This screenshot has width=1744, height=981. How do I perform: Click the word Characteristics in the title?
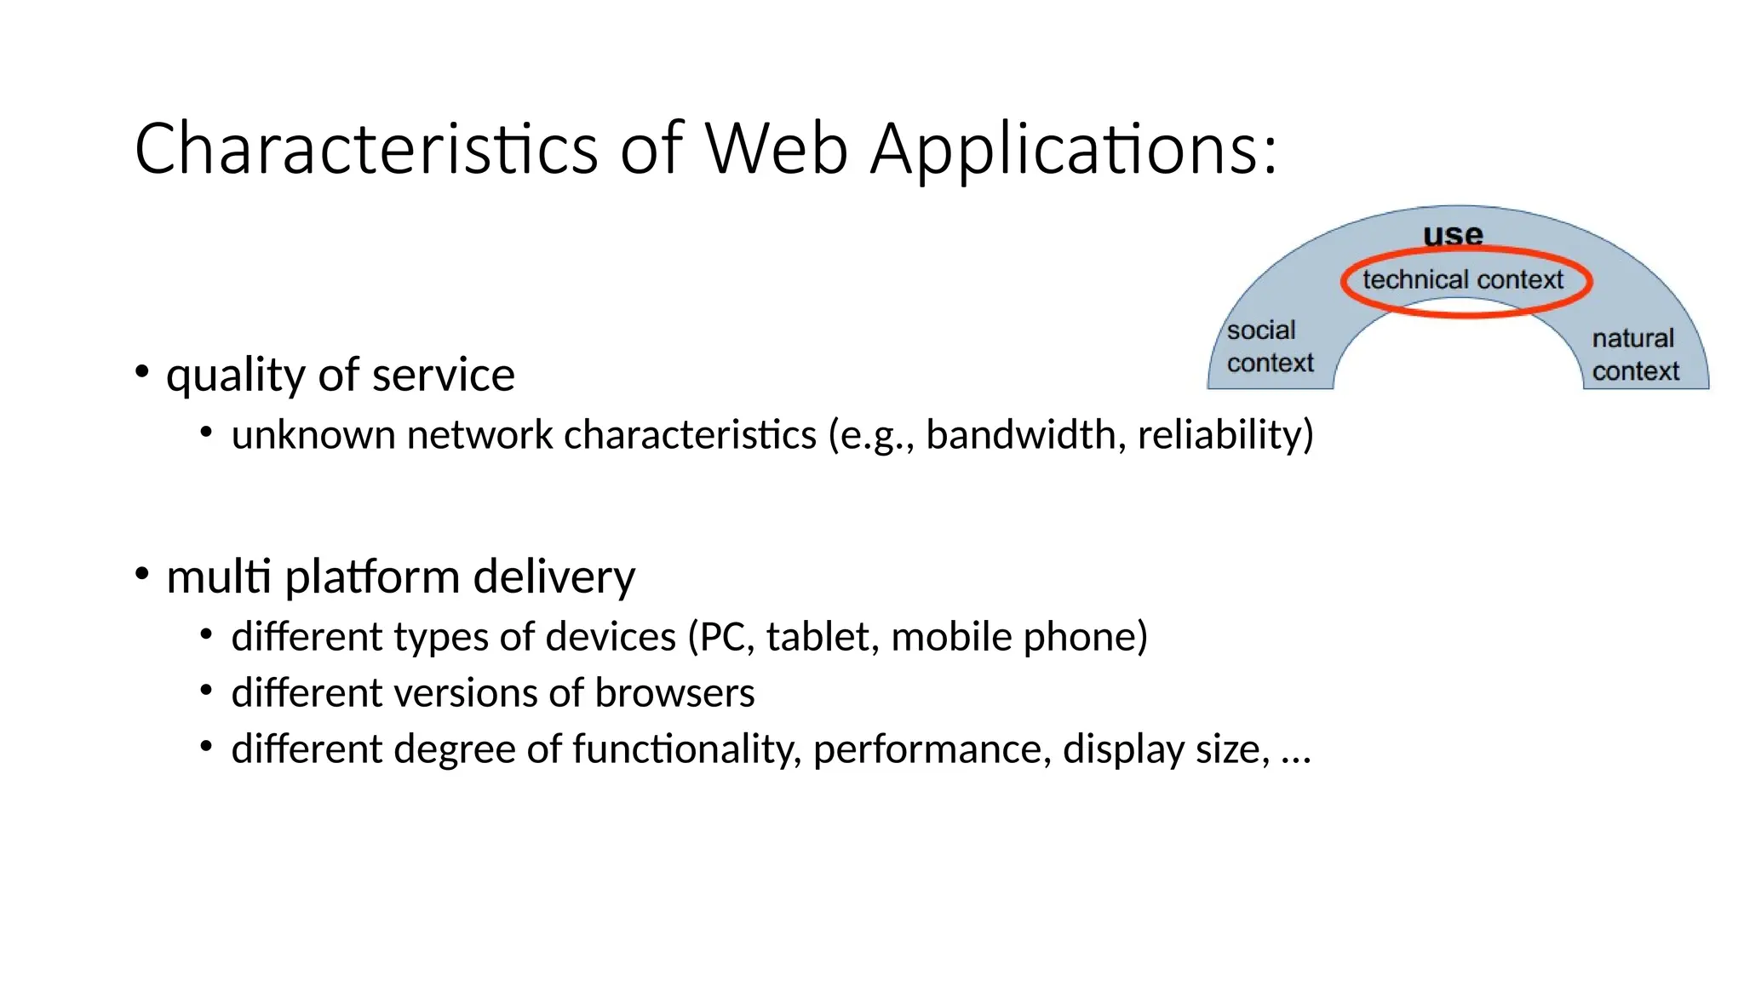coord(366,149)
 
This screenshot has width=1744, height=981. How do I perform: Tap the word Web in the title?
coord(777,149)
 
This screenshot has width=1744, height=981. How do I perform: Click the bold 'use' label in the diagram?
coord(1453,234)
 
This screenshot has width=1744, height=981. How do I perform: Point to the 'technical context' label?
coord(1462,279)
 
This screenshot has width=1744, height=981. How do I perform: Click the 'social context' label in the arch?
coord(1269,347)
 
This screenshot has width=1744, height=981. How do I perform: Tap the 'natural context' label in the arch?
coord(1635,354)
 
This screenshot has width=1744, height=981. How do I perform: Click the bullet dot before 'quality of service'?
coord(142,371)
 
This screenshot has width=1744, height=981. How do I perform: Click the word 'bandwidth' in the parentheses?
coord(1020,434)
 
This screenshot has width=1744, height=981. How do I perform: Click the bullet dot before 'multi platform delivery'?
coord(142,573)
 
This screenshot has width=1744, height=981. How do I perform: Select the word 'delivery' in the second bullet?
coord(554,577)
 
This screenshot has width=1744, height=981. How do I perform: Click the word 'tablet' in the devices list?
coord(821,636)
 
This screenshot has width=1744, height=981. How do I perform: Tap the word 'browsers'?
coord(674,692)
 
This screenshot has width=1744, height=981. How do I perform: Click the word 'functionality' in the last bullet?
coord(686,749)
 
